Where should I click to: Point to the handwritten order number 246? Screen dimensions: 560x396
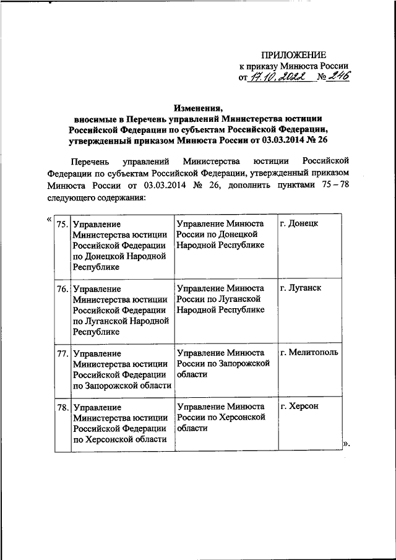click(337, 76)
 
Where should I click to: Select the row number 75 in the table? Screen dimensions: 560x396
click(62, 224)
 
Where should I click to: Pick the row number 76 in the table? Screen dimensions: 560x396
click(62, 288)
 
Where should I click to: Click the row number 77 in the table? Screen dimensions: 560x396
click(62, 353)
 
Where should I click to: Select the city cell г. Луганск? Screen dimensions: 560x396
click(301, 288)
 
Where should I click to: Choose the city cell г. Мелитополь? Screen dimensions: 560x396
click(309, 353)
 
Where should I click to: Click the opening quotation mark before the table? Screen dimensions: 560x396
click(49, 220)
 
